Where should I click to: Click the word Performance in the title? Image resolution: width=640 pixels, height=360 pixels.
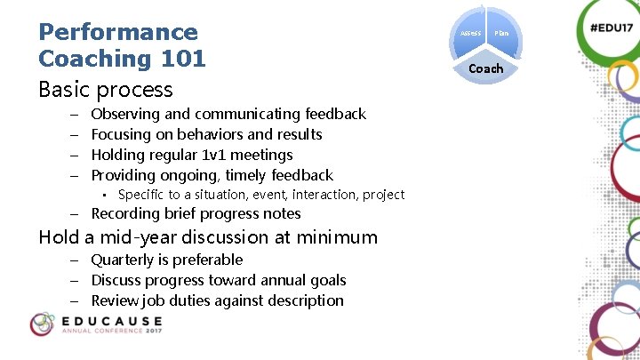pos(118,32)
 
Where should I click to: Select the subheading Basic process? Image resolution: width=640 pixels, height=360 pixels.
pos(106,90)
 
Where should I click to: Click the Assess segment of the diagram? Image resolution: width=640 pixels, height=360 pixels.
pos(470,33)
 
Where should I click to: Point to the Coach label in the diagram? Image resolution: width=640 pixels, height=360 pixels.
pos(486,68)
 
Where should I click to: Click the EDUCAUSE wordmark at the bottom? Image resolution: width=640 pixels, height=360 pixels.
pos(111,321)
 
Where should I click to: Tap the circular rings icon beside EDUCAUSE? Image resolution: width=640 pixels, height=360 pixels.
pos(42,324)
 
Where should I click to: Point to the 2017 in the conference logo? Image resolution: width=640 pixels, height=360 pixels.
pos(148,334)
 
